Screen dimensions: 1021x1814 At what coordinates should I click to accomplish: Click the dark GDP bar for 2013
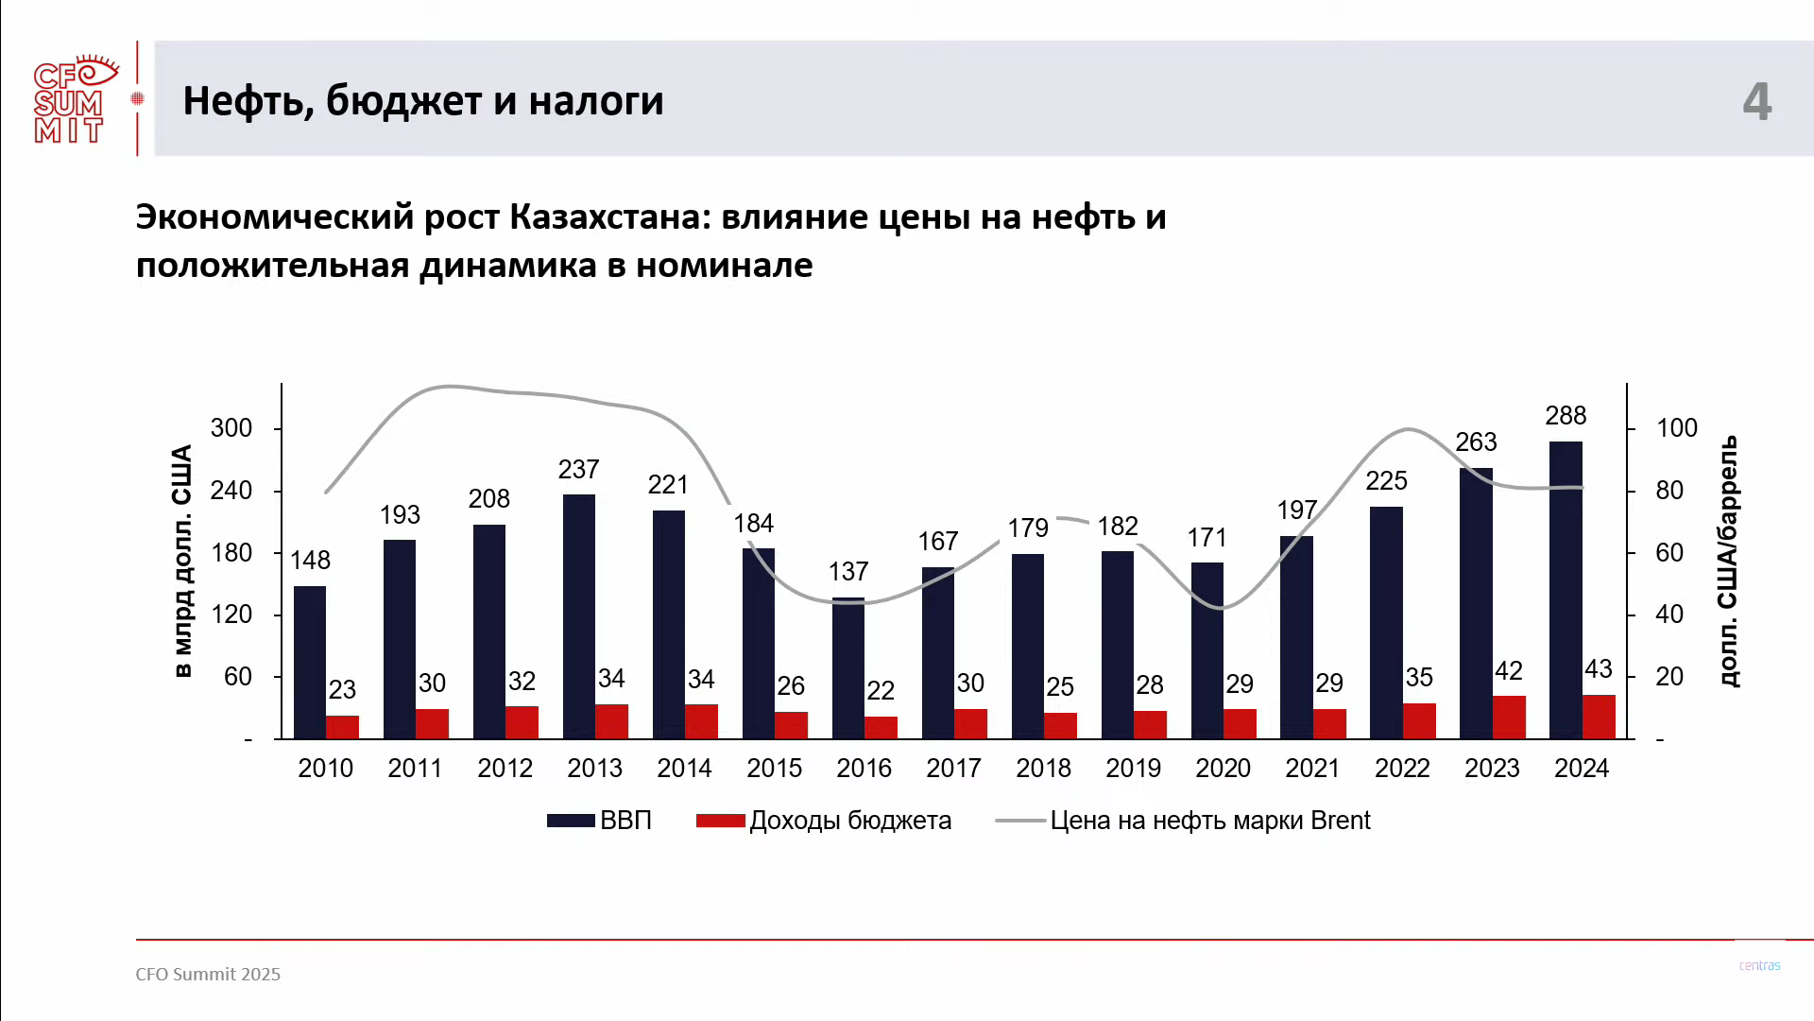578,614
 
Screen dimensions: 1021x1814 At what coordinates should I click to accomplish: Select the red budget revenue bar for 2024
1599,717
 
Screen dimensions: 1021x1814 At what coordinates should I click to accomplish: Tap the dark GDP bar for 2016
847,667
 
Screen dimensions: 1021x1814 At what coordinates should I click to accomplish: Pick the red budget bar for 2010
342,727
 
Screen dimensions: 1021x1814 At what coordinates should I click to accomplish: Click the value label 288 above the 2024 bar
1566,416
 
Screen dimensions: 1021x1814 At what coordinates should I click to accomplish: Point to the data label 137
847,572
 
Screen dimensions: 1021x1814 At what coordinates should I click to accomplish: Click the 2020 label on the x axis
1223,769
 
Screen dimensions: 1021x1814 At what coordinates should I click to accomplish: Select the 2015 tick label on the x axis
774,769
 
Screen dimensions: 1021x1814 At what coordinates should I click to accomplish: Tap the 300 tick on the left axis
231,428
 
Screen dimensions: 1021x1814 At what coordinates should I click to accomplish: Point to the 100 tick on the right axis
1677,428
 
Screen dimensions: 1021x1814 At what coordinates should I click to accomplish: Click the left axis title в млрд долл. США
182,561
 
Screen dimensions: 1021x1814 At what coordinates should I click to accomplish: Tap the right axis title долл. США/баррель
1728,561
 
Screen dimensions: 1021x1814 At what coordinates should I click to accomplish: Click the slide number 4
1756,101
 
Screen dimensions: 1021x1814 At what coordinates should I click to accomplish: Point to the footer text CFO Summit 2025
208,975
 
